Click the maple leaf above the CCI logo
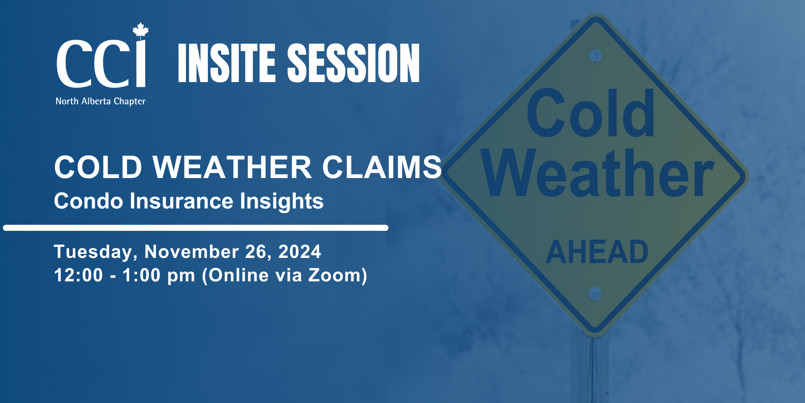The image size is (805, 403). coord(141,30)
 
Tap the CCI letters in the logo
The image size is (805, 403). coord(101,63)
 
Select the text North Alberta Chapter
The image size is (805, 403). coord(100,101)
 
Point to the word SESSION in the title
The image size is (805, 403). coord(353,63)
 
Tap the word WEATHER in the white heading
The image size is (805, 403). coord(232,167)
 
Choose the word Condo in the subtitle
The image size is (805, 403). coord(89,201)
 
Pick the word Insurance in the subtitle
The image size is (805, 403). coord(181,201)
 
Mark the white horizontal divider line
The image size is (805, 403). coord(196,228)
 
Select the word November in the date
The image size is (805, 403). coord(192,252)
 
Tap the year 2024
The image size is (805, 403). coord(300,252)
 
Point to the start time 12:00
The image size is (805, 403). coord(78,275)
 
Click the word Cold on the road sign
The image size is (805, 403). coord(590,113)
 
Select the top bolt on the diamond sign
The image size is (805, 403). coord(596,56)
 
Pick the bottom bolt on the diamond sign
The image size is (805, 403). coord(595,294)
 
